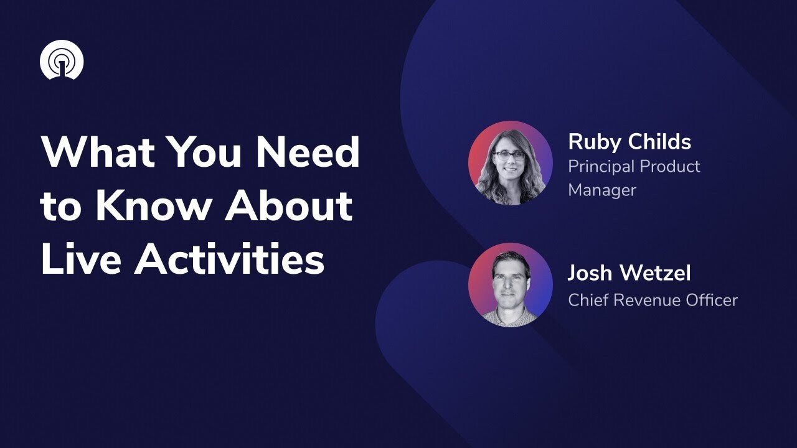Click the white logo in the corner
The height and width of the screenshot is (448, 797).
point(62,60)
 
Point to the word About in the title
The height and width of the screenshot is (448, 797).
point(288,207)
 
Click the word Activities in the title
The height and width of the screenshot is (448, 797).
point(230,259)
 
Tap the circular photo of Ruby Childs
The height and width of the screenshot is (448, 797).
point(510,163)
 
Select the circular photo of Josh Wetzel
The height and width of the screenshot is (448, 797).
point(510,284)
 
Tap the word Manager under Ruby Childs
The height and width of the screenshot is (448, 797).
point(602,190)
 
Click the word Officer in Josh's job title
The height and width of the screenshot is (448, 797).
point(709,300)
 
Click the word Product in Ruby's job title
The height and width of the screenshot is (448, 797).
point(671,167)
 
